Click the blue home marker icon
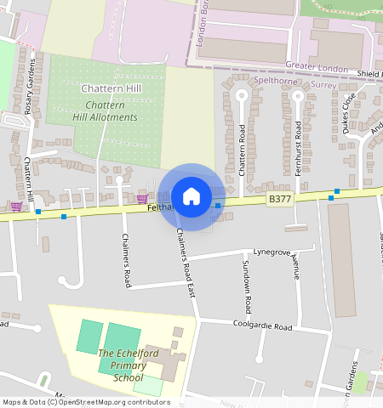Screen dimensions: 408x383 [x=191, y=196]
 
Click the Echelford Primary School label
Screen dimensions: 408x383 [x=121, y=365]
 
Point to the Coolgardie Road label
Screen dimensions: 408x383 [x=263, y=326]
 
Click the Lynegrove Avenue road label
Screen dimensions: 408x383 [x=277, y=253]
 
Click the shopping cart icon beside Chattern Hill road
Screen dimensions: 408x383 [x=16, y=206]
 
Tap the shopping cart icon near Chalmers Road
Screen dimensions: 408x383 [x=141, y=199]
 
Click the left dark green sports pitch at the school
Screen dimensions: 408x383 [x=89, y=337]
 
